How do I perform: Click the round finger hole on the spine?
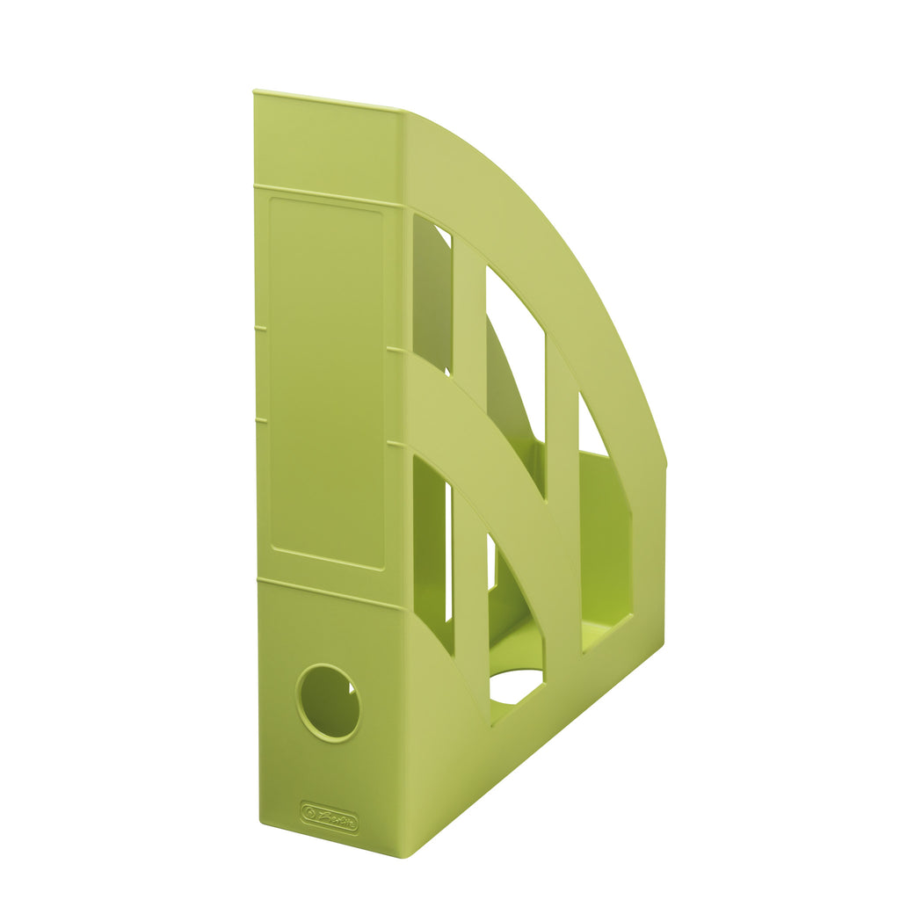[328, 702]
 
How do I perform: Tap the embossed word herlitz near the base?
[337, 818]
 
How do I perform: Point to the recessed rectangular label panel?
[327, 382]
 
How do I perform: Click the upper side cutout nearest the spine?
[432, 290]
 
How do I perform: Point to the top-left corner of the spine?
[255, 92]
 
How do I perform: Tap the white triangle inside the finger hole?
[352, 687]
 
